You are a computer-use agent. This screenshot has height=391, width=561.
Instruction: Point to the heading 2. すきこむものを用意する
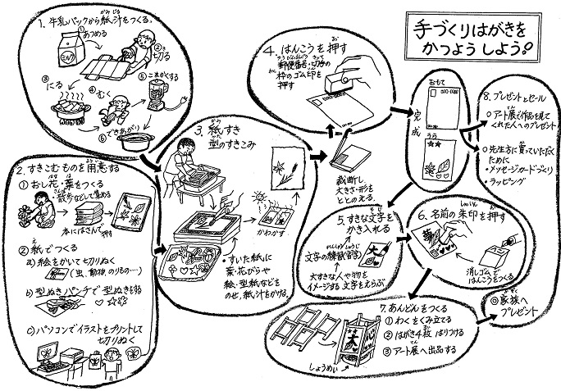pos(70,168)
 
